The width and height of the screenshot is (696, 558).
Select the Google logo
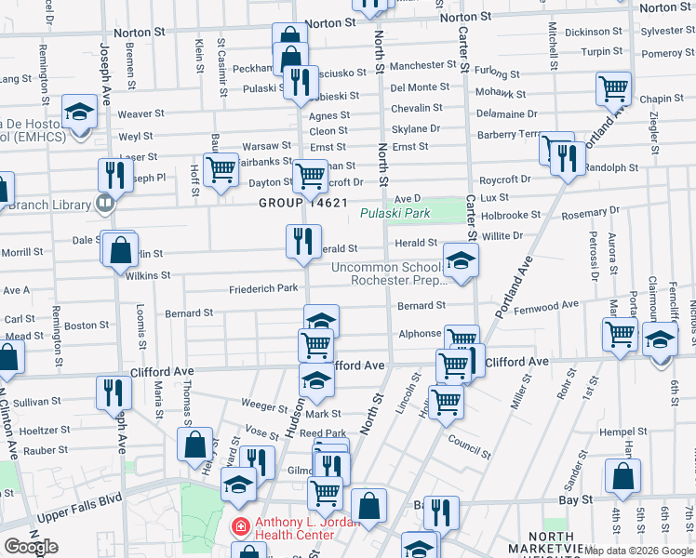coord(31,546)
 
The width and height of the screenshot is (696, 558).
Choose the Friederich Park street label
coord(263,288)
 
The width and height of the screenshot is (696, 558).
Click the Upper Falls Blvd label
coord(79,516)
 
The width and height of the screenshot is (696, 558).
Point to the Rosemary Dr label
coord(584,214)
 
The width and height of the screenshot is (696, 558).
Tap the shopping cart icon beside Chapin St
coord(614,89)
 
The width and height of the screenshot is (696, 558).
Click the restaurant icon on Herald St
coord(302,242)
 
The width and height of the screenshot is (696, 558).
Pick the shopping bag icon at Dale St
coord(121,249)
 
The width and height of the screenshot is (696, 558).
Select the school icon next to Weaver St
coord(80,113)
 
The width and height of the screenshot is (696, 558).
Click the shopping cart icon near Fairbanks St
coord(221,170)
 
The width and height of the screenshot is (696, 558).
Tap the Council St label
coord(468,446)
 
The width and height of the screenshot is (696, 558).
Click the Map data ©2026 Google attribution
coord(638,551)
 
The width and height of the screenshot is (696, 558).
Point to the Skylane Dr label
coord(415,129)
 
